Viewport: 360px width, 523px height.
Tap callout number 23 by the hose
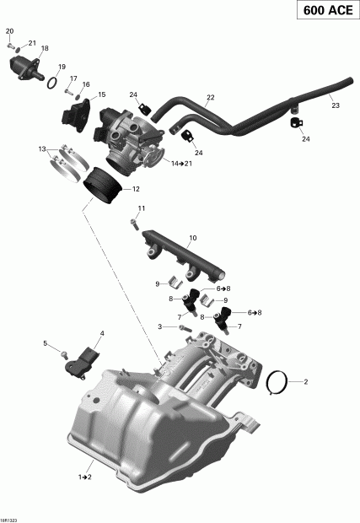335,105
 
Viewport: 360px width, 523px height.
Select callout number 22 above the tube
210,98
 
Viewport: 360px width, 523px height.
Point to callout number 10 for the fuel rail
192,239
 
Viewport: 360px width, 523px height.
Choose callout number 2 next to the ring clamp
306,382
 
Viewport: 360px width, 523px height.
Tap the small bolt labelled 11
134,224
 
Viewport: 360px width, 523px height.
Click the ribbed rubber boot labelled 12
105,184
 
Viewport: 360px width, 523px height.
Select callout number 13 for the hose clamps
41,149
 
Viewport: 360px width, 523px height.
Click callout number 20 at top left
10,31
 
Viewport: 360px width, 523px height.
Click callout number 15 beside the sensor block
102,94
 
